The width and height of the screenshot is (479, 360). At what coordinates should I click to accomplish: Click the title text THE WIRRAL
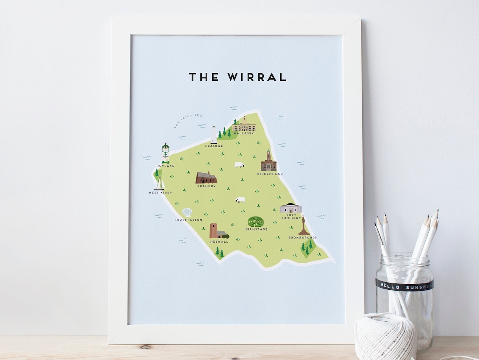(237, 77)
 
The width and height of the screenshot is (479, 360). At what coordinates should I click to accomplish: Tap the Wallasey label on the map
(245, 133)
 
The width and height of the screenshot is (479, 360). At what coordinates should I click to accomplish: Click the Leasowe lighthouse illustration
(213, 135)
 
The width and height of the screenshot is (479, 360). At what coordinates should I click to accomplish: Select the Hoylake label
(165, 166)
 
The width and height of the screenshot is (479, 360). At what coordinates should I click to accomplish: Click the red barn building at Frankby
(206, 178)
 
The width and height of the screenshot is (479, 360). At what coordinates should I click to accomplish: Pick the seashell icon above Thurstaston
(187, 212)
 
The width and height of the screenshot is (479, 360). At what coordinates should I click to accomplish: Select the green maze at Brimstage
(255, 222)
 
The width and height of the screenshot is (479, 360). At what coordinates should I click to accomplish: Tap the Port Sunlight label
(292, 216)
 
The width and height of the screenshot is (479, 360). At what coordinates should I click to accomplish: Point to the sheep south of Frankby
(240, 200)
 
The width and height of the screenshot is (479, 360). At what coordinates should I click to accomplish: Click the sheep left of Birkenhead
(239, 165)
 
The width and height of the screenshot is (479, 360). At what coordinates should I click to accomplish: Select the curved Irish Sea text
(184, 119)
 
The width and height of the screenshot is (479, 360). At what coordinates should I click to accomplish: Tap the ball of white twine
(385, 336)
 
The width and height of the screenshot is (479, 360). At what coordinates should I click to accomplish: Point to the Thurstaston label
(188, 220)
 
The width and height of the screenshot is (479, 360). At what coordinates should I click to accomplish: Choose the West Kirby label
(160, 193)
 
